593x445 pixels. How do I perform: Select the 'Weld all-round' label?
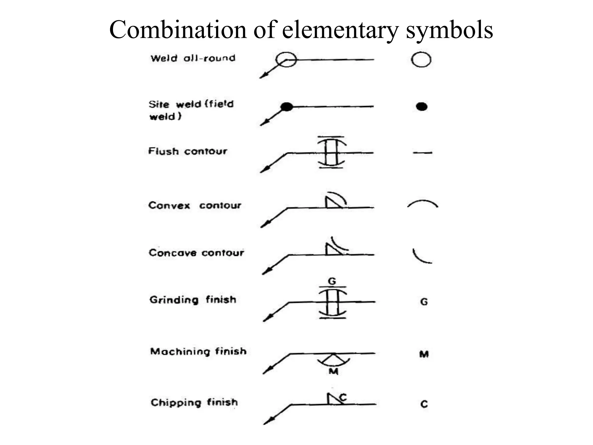(193, 58)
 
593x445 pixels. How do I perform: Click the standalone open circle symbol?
(421, 60)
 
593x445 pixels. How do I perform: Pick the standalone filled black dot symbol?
(422, 107)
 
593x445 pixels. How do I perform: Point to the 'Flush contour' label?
(188, 151)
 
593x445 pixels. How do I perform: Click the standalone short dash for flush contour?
(422, 153)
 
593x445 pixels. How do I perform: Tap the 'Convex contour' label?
(195, 205)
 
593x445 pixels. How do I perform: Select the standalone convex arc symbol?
(422, 204)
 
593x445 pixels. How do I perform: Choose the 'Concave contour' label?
(196, 253)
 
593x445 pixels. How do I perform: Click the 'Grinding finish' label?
(193, 299)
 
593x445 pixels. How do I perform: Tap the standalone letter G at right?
(424, 302)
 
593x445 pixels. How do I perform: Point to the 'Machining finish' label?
(198, 351)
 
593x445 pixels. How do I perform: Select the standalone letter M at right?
(424, 354)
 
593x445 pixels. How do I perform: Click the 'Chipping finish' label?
(194, 402)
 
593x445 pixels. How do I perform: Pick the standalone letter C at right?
(424, 404)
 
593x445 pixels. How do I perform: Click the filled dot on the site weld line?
(287, 107)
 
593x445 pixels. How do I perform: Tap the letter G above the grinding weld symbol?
(332, 281)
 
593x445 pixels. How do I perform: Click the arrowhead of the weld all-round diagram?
(263, 76)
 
